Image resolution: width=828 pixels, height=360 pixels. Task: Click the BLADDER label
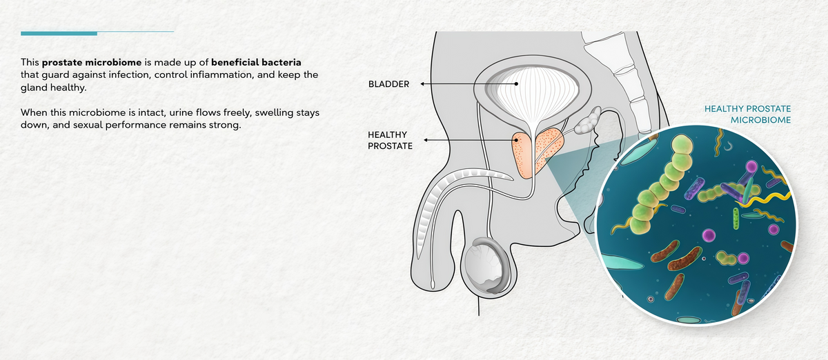(388, 84)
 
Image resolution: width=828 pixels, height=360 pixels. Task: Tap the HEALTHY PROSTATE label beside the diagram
(390, 141)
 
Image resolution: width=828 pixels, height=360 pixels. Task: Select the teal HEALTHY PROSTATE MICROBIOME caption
(747, 114)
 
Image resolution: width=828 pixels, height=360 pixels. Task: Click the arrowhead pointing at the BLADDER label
(422, 84)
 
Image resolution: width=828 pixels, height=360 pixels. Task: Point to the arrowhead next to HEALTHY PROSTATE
(426, 140)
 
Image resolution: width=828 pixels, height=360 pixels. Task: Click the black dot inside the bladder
(516, 84)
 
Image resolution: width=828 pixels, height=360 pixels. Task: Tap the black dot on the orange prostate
(515, 140)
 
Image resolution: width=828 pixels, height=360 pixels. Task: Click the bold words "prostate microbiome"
(92, 63)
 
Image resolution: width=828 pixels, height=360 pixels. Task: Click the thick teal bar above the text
(59, 34)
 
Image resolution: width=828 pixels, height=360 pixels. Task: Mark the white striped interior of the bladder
(533, 98)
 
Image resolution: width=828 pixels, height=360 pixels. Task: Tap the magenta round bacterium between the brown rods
(709, 234)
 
